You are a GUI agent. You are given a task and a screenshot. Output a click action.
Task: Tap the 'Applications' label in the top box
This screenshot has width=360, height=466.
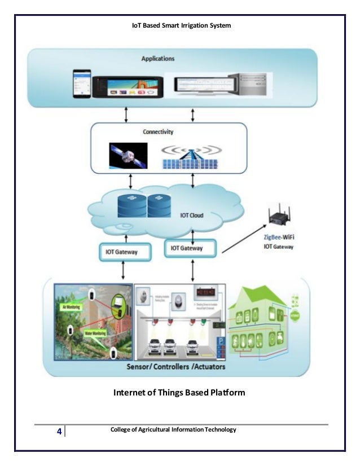(157, 58)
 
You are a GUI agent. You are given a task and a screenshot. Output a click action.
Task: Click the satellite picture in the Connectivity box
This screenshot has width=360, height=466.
(128, 155)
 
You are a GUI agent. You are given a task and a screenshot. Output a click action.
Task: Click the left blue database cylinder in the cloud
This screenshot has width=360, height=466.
(131, 205)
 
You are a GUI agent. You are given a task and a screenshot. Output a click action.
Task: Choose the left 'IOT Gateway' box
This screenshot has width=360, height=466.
(128, 252)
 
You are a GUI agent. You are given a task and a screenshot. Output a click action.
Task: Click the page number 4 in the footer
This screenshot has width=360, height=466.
(59, 432)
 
